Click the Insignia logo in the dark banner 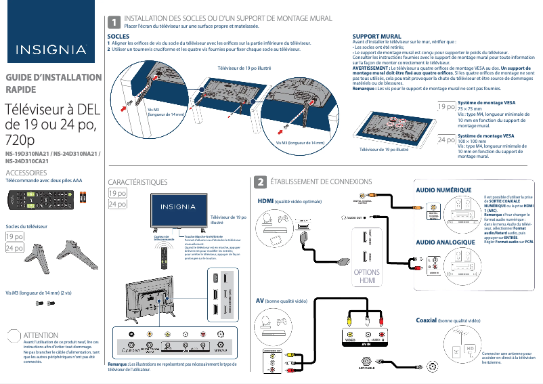51,49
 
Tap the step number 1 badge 114,23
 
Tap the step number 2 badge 259,183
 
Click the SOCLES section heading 119,36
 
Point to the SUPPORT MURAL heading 377,36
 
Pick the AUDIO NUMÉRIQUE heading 443,190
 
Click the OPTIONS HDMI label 367,276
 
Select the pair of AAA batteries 83,197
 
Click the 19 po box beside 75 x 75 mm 446,107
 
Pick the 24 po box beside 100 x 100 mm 446,140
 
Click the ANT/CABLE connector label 363,369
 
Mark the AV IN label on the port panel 366,344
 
